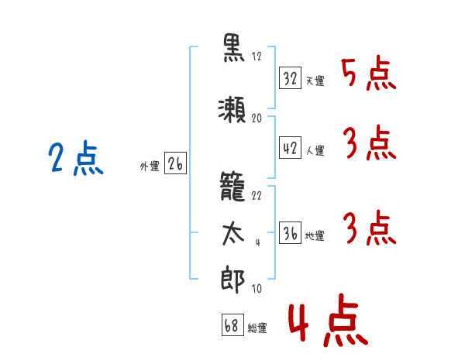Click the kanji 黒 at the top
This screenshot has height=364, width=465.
point(234,48)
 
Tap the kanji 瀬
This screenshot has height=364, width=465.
point(232,109)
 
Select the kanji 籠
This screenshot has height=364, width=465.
point(232,186)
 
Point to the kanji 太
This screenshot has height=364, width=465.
point(233,234)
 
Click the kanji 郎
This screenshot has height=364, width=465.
point(232,280)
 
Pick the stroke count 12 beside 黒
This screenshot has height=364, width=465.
point(257,57)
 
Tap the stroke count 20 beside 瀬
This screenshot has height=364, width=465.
point(257,118)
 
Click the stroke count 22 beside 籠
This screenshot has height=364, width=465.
point(257,196)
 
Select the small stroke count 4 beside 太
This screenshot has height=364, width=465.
point(258,242)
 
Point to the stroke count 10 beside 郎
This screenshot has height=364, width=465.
point(257,288)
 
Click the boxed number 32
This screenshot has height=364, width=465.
point(290,78)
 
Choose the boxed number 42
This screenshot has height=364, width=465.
point(290,147)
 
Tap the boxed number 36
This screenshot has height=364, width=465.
point(290,232)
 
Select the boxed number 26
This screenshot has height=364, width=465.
point(175,163)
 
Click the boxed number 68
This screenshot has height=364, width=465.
point(232,325)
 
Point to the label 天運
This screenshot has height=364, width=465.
point(315,81)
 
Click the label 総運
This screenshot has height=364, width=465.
point(257,328)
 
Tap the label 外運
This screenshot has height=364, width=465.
point(150,167)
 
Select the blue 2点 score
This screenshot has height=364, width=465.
point(76,158)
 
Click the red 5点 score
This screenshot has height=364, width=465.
point(369,74)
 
